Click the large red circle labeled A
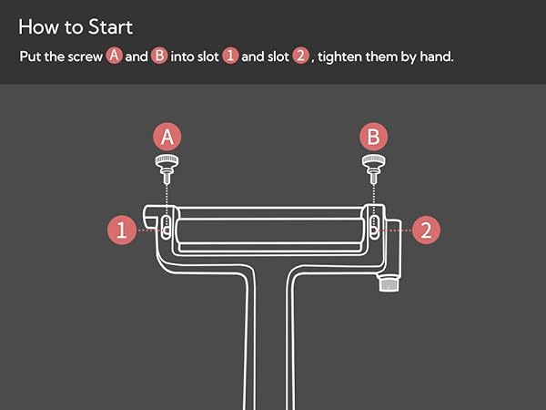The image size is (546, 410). pos(167,137)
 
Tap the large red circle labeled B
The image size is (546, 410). pos(374,137)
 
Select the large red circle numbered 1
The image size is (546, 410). pos(122,231)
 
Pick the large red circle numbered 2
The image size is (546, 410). pos(426,231)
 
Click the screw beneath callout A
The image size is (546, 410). pos(167,169)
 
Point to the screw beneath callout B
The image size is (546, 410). pos(374,169)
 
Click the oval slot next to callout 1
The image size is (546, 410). pos(167,227)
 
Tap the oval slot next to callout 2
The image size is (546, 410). pos(374,227)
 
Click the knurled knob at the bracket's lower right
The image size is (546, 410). pos(389,282)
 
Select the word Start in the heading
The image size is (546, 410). pos(110,26)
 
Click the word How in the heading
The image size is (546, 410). pos(38,26)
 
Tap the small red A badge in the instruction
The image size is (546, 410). pos(115,56)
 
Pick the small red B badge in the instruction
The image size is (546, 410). pos(159,56)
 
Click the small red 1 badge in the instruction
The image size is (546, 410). pos(230,56)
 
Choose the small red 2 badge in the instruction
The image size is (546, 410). pos(301,56)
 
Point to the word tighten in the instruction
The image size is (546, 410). pos(339,56)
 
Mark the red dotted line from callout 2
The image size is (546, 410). pos(393,231)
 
